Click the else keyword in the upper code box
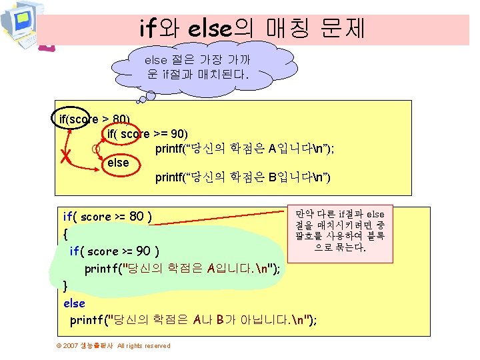[118, 162]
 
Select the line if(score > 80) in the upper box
[95, 119]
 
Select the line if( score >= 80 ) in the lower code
[107, 217]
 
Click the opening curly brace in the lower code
[65, 234]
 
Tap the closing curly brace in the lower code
[65, 285]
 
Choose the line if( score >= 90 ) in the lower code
[114, 251]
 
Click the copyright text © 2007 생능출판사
[85, 345]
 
